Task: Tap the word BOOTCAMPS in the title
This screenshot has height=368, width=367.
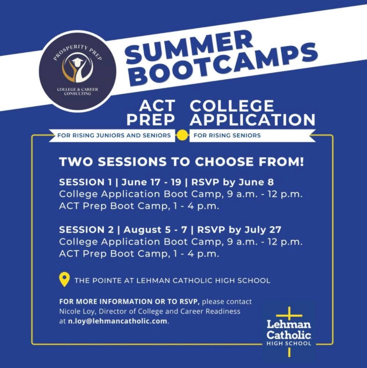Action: tap(225, 65)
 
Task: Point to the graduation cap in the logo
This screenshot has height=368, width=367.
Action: tap(77, 61)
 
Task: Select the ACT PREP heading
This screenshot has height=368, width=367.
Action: tap(151, 112)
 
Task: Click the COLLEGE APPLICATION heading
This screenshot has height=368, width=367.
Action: tap(253, 112)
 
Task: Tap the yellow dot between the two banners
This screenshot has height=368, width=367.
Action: tap(183, 136)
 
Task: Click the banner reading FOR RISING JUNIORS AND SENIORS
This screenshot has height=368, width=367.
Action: tap(112, 136)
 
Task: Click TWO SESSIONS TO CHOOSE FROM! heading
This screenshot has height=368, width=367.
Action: tap(182, 162)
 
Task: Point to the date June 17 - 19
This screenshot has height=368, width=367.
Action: tap(151, 182)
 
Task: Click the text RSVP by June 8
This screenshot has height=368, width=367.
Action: tap(233, 182)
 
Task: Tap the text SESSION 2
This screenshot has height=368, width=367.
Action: tap(86, 230)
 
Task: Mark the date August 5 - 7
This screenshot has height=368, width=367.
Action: tap(155, 230)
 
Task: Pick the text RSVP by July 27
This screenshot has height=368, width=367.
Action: tap(239, 230)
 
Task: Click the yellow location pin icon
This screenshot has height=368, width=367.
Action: tap(65, 280)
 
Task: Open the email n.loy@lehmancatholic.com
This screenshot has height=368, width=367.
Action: tap(117, 321)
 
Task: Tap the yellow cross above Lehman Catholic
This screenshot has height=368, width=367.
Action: tap(289, 315)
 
